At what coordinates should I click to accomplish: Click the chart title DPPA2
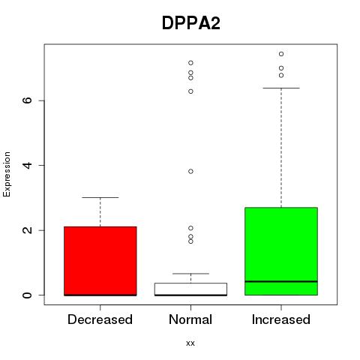click(x=191, y=23)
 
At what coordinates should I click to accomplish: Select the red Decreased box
click(x=100, y=261)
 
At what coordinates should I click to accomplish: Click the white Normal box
click(x=190, y=289)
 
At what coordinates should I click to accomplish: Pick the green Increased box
click(x=281, y=251)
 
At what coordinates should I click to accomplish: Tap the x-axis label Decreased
click(x=100, y=319)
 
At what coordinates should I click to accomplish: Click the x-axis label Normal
click(x=190, y=319)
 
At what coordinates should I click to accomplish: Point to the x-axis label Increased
click(x=281, y=319)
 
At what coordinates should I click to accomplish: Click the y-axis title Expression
click(x=7, y=174)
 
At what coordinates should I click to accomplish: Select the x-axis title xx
click(x=190, y=343)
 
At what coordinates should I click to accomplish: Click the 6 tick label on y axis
click(x=28, y=100)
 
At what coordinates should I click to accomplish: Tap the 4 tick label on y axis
click(x=28, y=165)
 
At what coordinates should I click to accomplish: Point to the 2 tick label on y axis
click(x=28, y=230)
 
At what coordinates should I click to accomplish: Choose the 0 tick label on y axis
click(x=28, y=295)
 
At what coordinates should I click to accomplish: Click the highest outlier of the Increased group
click(x=281, y=54)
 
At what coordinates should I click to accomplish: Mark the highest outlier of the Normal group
click(x=190, y=63)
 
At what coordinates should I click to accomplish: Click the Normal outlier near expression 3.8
click(x=190, y=171)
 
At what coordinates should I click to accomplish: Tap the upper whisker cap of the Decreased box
click(x=100, y=197)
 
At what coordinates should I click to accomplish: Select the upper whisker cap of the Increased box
click(x=281, y=88)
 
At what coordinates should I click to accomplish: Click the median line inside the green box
click(x=281, y=281)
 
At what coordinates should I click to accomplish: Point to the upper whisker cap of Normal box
click(x=190, y=274)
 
